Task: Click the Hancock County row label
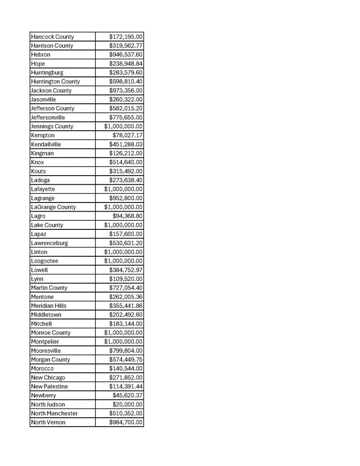tap(52, 37)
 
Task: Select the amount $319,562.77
tap(126, 46)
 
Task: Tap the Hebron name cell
tap(41, 55)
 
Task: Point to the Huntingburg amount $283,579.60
tap(126, 73)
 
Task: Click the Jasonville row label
tap(44, 100)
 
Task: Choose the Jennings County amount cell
tap(123, 127)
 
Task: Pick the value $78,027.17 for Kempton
tap(127, 136)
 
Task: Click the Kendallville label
tap(46, 144)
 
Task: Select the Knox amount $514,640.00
tap(126, 162)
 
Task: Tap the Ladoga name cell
tap(41, 180)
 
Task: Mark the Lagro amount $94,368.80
tap(127, 216)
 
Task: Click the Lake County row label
tap(47, 225)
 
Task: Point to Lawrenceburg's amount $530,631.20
tap(126, 243)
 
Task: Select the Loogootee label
tap(45, 261)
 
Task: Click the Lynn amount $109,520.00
tap(126, 279)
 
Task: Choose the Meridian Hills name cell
tap(49, 306)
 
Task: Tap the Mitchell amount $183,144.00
tap(126, 324)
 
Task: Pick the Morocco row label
tap(42, 369)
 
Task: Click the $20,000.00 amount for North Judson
tap(127, 405)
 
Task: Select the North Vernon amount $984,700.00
tap(126, 423)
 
